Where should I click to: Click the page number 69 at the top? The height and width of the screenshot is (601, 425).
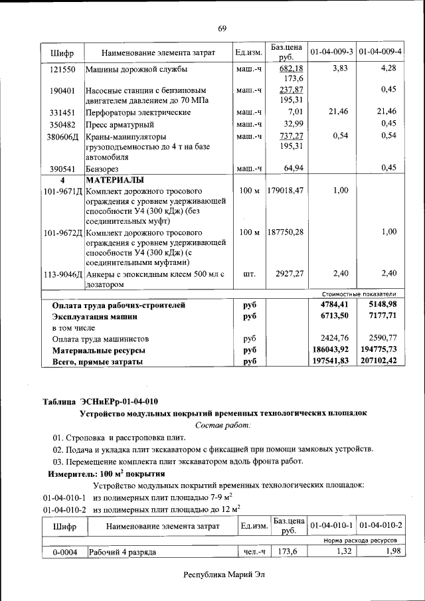click(222, 28)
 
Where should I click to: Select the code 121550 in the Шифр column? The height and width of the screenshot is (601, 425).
click(63, 69)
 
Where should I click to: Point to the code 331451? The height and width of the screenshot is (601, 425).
click(63, 112)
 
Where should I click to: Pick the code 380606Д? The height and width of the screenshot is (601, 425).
click(63, 136)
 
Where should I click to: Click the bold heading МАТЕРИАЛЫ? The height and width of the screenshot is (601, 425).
click(116, 180)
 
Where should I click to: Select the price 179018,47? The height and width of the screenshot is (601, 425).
click(286, 191)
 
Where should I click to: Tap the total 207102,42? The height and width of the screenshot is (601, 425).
click(379, 361)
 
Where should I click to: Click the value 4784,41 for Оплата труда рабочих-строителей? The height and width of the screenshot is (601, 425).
click(330, 305)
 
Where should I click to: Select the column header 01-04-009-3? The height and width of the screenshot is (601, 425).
click(331, 51)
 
